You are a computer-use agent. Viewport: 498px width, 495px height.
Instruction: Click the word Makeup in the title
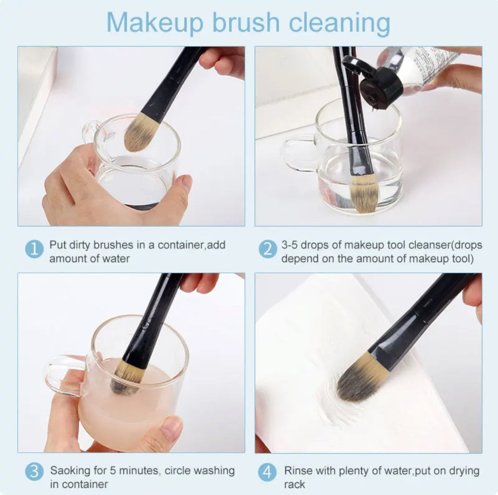pos(155,23)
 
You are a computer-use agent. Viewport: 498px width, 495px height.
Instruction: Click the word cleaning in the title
pos(340,23)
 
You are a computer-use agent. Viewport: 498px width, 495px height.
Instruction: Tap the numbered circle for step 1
pos(34,249)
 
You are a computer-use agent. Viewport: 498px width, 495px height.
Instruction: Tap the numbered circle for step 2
pos(268,249)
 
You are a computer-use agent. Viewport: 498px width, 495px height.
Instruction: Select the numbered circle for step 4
pos(267,472)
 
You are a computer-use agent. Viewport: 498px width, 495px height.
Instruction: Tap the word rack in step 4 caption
pos(295,484)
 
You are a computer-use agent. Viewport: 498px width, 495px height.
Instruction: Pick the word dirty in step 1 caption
pos(79,245)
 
